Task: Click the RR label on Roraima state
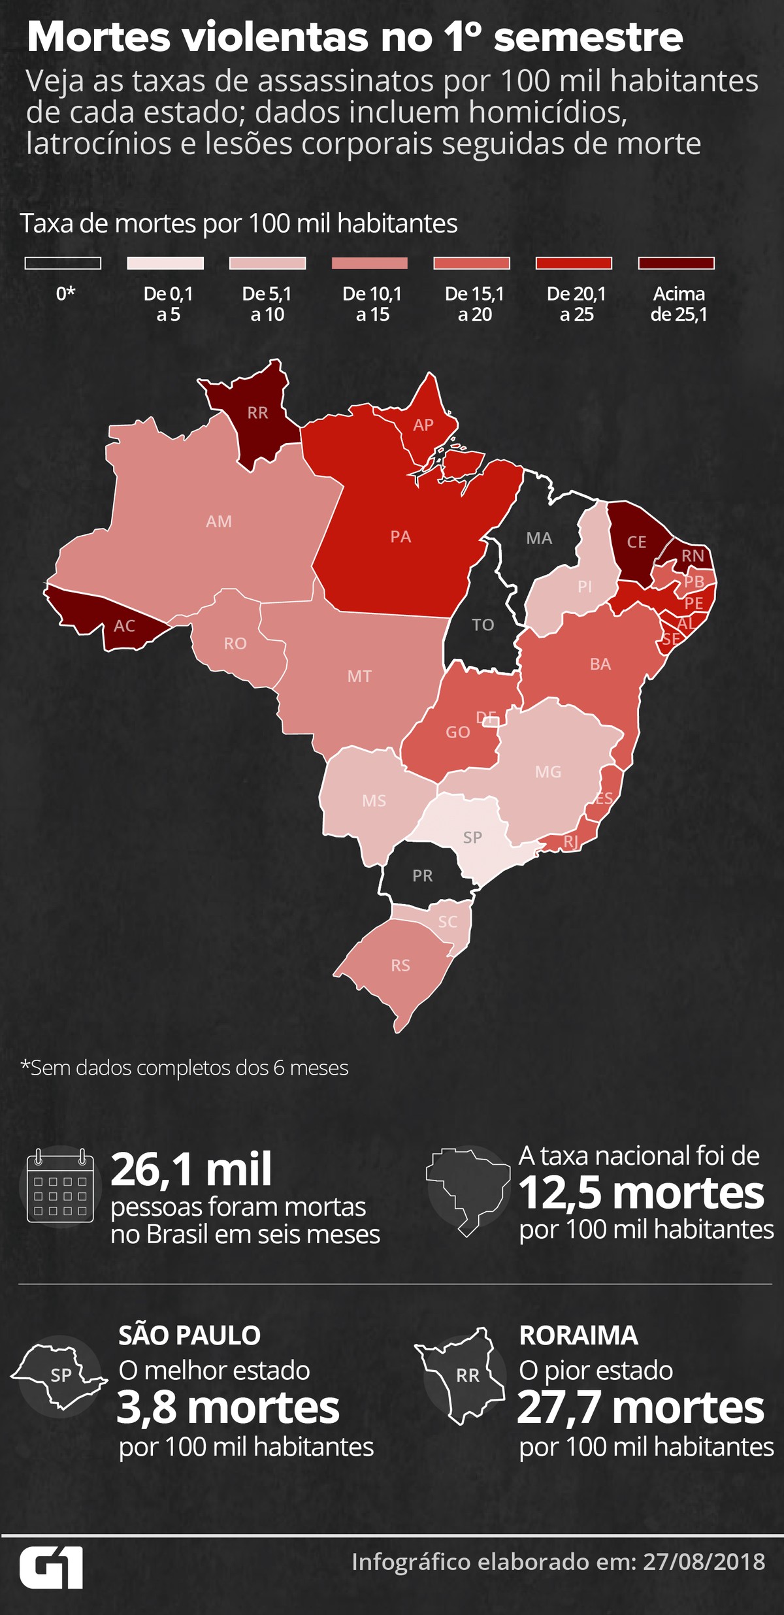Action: click(257, 413)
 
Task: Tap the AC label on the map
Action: click(124, 626)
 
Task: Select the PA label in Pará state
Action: click(400, 537)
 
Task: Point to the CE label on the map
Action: click(636, 542)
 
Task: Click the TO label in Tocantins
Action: click(483, 625)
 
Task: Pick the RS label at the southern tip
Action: click(400, 965)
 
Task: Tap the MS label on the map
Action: click(374, 800)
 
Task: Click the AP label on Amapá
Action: click(423, 425)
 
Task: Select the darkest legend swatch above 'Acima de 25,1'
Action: click(676, 263)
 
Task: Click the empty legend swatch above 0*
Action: click(63, 263)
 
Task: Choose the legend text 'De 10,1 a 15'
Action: click(372, 304)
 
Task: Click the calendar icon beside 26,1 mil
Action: click(60, 1186)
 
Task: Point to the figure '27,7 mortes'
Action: click(640, 1408)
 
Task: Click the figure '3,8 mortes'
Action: click(228, 1408)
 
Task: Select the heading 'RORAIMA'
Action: click(578, 1335)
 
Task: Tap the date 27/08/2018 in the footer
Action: click(704, 1562)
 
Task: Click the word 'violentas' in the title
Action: click(275, 37)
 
